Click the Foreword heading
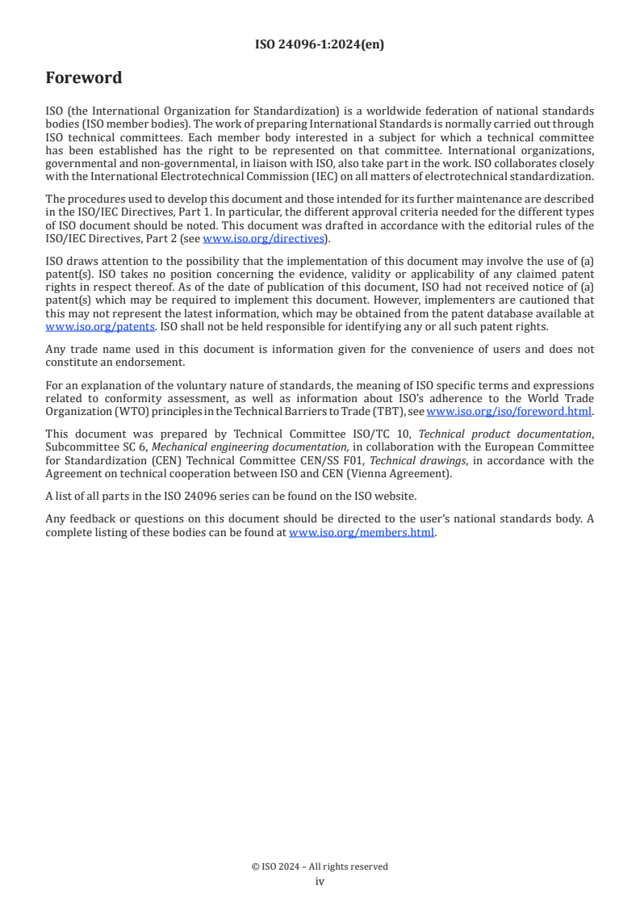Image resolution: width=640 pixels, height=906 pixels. click(84, 78)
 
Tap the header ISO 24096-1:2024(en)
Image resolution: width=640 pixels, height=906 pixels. click(320, 44)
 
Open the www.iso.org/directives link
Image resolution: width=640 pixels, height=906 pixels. click(263, 239)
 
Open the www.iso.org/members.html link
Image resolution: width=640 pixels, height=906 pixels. click(362, 533)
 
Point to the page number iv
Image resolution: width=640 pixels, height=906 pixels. click(320, 882)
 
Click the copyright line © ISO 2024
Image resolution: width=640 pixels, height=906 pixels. click(320, 866)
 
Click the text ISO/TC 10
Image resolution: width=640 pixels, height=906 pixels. click(387, 435)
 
